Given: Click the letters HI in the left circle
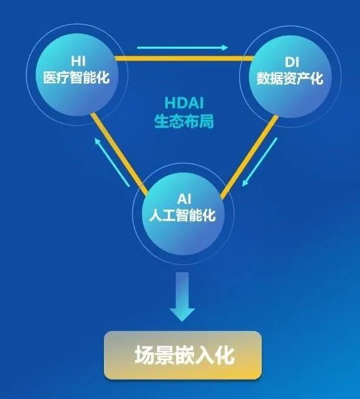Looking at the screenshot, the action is [78, 61].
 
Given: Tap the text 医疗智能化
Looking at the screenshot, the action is [76, 77].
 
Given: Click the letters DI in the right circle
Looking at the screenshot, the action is [292, 62].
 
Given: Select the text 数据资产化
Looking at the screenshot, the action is [290, 78].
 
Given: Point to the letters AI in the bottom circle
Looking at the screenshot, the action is [184, 199].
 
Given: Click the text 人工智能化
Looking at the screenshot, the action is [183, 215].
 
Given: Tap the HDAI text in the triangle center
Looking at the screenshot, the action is [184, 103].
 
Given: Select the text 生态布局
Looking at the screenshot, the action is [184, 121].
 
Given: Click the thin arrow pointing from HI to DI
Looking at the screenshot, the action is [182, 48].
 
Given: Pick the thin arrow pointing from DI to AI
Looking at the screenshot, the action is [259, 162].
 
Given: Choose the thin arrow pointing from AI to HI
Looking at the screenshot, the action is [112, 163].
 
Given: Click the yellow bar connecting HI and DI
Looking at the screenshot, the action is [184, 59].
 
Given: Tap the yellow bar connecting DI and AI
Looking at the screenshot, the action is [249, 157].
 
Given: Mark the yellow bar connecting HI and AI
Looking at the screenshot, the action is [119, 154].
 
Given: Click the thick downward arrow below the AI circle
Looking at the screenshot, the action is [182, 296].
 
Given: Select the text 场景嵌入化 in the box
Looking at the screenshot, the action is [185, 355].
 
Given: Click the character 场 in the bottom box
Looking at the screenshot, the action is [144, 355].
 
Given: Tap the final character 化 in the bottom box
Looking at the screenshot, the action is [225, 355].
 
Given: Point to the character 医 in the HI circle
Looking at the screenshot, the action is [49, 77].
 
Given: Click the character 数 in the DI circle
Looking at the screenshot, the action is [263, 78].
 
